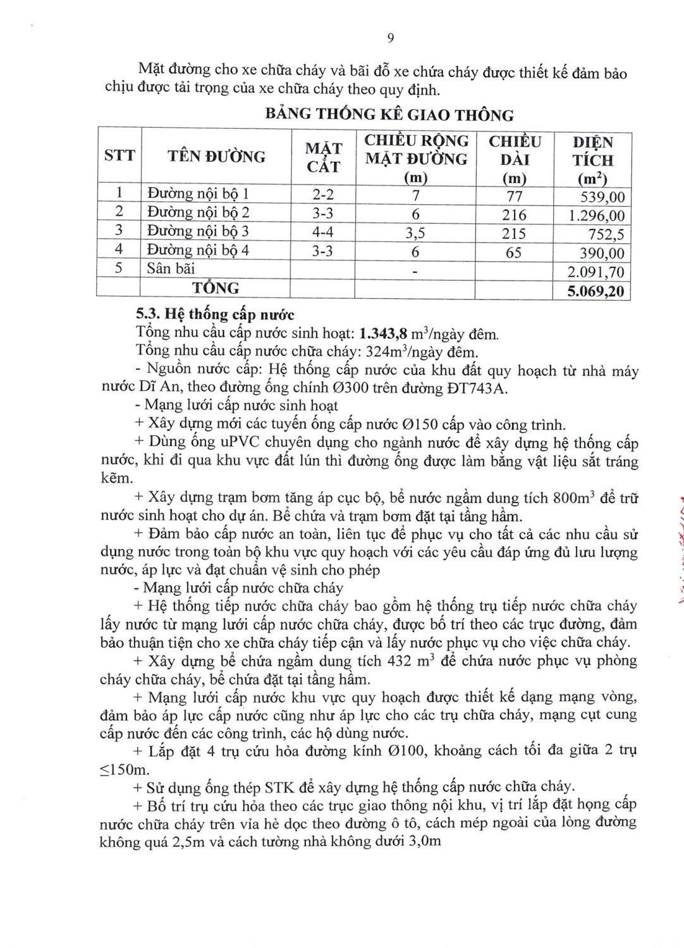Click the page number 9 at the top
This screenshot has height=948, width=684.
pos(390,38)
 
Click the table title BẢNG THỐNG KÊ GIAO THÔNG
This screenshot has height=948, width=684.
pos(389,114)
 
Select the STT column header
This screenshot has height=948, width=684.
pos(119,155)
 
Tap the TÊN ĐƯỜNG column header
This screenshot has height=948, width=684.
pos(216,156)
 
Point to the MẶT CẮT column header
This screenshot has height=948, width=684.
pos(323,157)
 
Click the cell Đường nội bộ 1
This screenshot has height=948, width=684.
pos(198,193)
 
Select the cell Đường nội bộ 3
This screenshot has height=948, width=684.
pos(198,231)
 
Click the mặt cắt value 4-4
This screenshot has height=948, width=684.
pos(322,232)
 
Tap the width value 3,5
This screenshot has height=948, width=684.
pos(415,233)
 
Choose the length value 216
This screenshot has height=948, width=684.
pos(514,215)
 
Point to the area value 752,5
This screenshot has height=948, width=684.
pos(606,235)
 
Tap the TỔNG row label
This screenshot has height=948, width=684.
pos(216,288)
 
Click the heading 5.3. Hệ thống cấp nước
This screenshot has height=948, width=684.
pos(215,314)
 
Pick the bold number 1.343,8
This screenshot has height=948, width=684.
pos(383,333)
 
